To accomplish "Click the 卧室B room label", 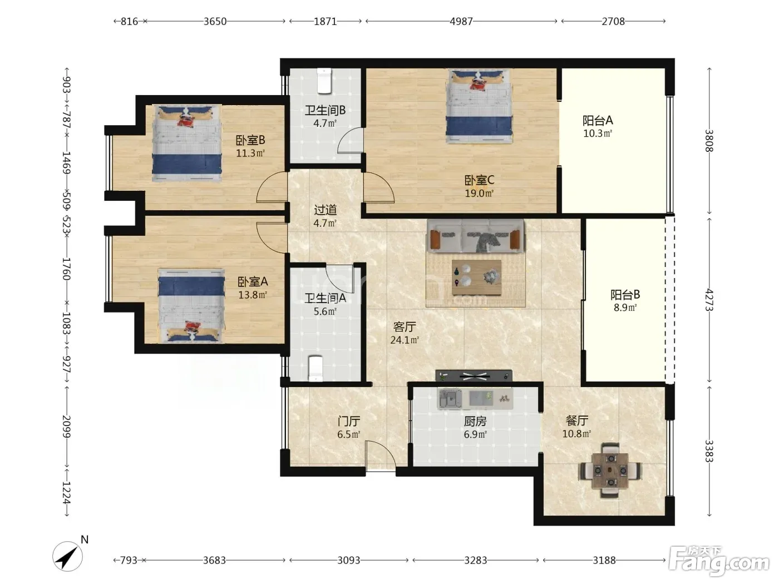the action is pyautogui.click(x=250, y=140).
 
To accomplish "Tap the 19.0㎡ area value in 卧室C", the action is pyautogui.click(x=479, y=193).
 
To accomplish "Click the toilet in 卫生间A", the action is pyautogui.click(x=315, y=368).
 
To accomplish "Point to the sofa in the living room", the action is pyautogui.click(x=475, y=236).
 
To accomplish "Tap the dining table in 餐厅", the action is pyautogui.click(x=610, y=470).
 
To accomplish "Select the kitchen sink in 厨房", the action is pyautogui.click(x=450, y=399).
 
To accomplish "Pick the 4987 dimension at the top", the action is pyautogui.click(x=461, y=21).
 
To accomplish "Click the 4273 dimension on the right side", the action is pyautogui.click(x=709, y=300).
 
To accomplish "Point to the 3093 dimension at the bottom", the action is pyautogui.click(x=348, y=560).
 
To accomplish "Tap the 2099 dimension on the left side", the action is pyautogui.click(x=66, y=426).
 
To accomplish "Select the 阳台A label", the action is pyautogui.click(x=598, y=121).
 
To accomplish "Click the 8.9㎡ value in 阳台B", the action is pyautogui.click(x=625, y=308).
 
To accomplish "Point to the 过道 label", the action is pyautogui.click(x=325, y=210).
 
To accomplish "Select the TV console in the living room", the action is pyautogui.click(x=474, y=376).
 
